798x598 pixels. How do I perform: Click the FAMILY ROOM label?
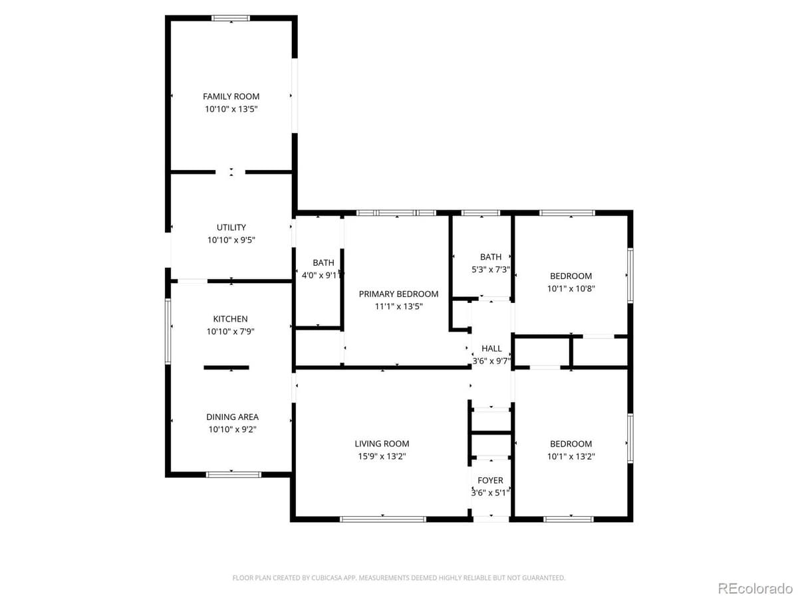[x=231, y=96]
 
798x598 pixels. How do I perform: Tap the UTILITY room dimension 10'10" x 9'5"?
[x=231, y=240]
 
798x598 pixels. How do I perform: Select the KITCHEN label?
[x=230, y=319]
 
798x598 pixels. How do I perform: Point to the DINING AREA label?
[x=232, y=417]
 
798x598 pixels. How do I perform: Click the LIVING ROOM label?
[x=382, y=443]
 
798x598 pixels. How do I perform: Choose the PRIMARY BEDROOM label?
[x=398, y=294]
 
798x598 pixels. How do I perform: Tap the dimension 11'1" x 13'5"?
[x=398, y=306]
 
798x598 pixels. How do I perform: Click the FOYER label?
[x=491, y=480]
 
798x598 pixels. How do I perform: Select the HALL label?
[x=491, y=348]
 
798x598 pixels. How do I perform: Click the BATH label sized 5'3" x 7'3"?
[x=491, y=257]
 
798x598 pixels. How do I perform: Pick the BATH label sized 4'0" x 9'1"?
[x=323, y=263]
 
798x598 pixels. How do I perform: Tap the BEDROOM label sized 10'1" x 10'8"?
[x=571, y=276]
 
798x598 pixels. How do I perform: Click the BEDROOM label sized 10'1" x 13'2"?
[x=571, y=444]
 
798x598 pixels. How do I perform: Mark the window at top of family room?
[x=231, y=18]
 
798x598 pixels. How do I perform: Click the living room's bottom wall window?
[x=382, y=519]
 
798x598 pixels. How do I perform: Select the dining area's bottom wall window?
[x=233, y=474]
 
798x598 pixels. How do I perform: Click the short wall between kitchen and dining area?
[x=226, y=367]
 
